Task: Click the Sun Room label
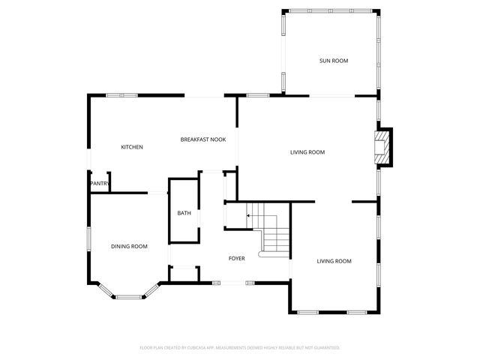[x=334, y=61]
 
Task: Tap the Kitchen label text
[x=132, y=147]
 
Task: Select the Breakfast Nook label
[x=202, y=139]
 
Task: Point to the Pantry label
[x=99, y=184]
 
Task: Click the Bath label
[x=184, y=214]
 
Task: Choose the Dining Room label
[x=129, y=246]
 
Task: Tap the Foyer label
[x=237, y=258]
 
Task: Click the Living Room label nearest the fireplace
[x=307, y=152]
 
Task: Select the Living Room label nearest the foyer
[x=334, y=261]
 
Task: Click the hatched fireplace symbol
[x=383, y=147]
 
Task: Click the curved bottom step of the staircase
[x=273, y=255]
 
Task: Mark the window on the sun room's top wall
[x=330, y=10]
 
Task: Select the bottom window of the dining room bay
[x=129, y=297]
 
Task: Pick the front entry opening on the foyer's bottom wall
[x=233, y=283]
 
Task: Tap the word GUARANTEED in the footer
[x=325, y=348]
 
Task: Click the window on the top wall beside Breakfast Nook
[x=257, y=95]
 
